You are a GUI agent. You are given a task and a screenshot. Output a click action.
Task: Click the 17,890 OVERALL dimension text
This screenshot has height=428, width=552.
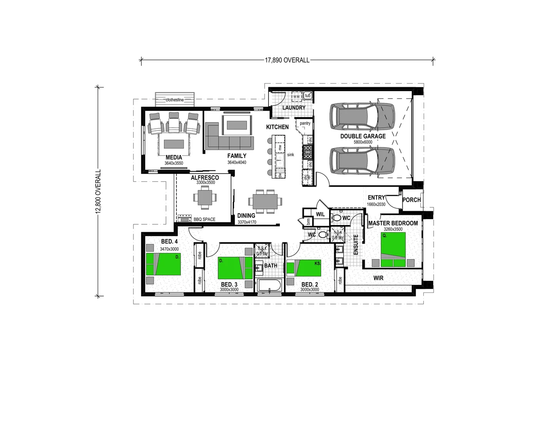click(x=287, y=60)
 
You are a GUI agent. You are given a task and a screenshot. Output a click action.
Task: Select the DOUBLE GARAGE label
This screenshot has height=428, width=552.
click(x=363, y=136)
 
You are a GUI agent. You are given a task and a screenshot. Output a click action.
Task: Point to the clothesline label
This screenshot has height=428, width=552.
click(x=175, y=100)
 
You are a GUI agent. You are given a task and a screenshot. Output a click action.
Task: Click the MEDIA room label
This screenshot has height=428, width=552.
click(x=174, y=157)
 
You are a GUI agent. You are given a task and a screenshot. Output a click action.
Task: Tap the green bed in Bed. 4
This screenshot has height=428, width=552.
click(x=163, y=264)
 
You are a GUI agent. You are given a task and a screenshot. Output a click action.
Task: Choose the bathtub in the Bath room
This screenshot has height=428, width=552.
click(x=269, y=285)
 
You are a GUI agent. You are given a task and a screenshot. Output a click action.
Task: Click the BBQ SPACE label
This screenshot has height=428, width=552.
click(x=204, y=219)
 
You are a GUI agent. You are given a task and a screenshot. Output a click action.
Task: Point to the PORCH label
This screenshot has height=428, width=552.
click(x=411, y=200)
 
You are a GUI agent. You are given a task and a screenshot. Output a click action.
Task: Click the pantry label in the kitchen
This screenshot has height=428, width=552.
click(x=305, y=123)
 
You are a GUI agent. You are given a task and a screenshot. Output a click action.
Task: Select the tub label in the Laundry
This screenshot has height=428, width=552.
click(x=308, y=96)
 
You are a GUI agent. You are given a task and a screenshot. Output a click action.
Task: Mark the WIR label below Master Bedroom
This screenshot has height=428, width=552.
click(x=378, y=278)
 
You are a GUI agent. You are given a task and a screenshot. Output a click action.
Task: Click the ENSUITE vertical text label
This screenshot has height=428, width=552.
click(x=356, y=245)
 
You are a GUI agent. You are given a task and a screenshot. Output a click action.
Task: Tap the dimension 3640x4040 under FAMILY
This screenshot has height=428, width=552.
click(x=237, y=162)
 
